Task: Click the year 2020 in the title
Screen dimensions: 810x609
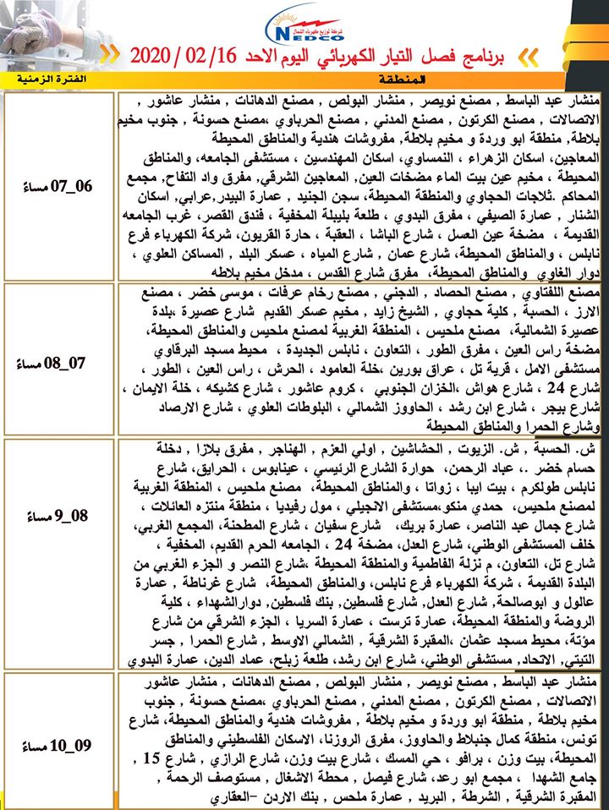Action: coord(157,56)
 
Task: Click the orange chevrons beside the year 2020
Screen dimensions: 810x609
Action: coord(111,56)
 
